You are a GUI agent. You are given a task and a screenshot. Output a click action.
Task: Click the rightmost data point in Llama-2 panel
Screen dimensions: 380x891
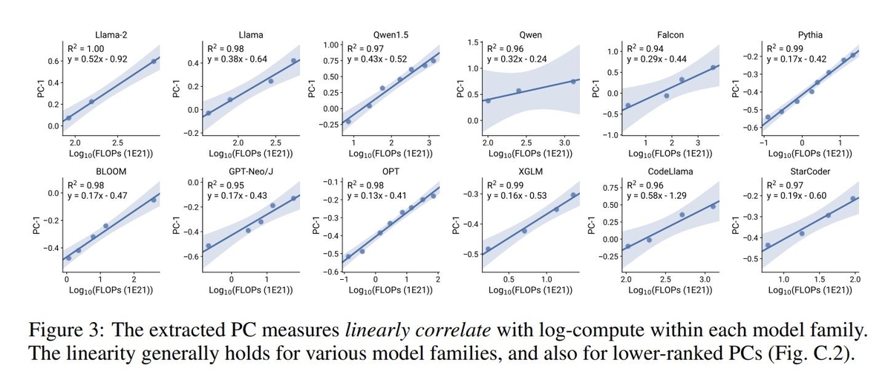[x=154, y=62]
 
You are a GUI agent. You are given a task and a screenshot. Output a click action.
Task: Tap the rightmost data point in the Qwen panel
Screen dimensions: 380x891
[x=574, y=81]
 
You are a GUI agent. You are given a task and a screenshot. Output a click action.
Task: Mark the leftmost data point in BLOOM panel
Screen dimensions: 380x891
[x=68, y=258]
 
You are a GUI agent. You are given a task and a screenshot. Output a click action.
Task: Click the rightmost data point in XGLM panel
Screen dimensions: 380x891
[x=573, y=195]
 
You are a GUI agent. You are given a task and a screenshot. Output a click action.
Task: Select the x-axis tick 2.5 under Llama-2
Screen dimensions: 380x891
[x=117, y=141]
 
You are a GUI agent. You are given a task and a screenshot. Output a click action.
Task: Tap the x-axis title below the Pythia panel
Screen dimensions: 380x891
[x=812, y=154]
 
